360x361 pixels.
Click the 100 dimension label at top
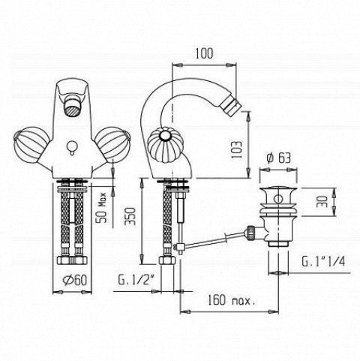click(204, 53)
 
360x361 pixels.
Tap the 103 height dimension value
click(236, 149)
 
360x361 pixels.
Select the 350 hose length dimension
click(130, 216)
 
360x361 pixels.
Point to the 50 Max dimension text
click(102, 208)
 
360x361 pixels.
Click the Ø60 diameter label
click(75, 280)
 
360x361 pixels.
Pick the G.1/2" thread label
click(136, 280)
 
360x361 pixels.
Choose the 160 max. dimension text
click(232, 299)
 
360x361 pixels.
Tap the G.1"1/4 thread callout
click(323, 261)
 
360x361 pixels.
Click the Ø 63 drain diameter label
click(279, 158)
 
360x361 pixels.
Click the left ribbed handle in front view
click(30, 145)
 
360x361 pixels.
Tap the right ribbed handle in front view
click(112, 144)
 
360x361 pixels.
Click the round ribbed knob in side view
click(163, 146)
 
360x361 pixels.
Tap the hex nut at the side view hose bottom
click(167, 260)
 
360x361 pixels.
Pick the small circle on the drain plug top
click(277, 199)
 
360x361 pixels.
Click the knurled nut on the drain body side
click(250, 233)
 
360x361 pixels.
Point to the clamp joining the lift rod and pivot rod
click(180, 248)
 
